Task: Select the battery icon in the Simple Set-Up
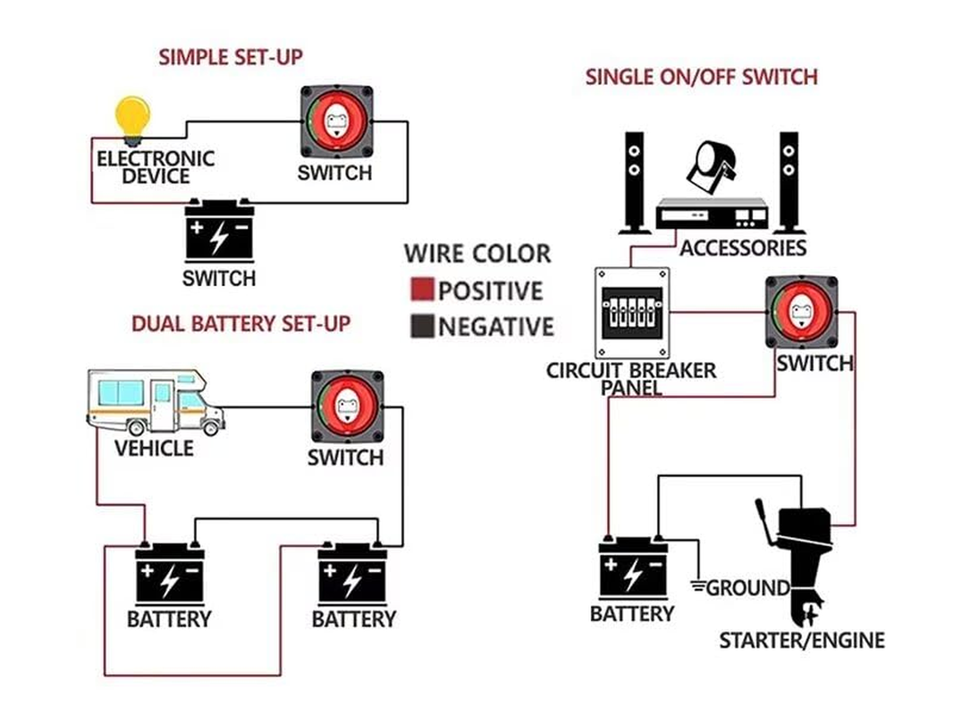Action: (218, 231)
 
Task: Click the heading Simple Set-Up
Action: (231, 57)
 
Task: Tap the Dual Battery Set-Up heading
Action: (240, 324)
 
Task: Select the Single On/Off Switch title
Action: (701, 77)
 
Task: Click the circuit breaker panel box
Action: (632, 313)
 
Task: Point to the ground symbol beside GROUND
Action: (696, 587)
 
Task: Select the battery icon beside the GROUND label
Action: (632, 568)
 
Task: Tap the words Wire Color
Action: (477, 254)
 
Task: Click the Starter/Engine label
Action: (802, 641)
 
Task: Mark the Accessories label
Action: (742, 248)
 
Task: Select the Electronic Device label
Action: (156, 167)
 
